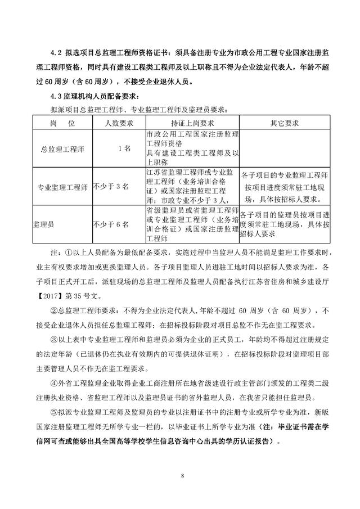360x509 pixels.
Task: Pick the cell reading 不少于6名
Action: tap(111, 224)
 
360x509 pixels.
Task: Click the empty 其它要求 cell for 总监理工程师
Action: tap(284, 148)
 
